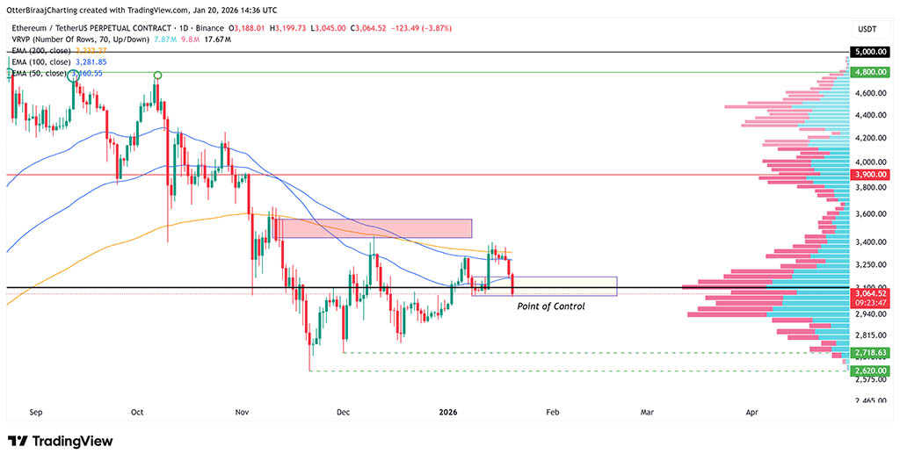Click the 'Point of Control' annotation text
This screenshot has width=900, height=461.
tap(550, 306)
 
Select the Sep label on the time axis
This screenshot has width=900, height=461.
tap(36, 411)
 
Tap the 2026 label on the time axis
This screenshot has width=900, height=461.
tap(448, 411)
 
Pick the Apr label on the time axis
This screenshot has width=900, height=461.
tap(752, 411)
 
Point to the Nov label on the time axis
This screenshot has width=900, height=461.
tap(242, 411)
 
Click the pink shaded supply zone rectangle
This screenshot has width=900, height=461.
tap(376, 228)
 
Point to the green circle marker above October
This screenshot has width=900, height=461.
tap(156, 76)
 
